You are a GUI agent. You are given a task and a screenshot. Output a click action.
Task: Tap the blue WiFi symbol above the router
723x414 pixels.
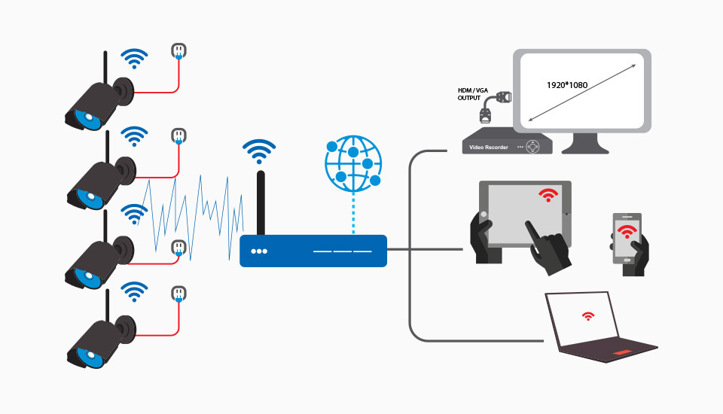258,151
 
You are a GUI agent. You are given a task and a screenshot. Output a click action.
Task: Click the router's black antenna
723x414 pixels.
261,203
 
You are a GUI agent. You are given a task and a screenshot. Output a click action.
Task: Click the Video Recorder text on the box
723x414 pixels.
489,147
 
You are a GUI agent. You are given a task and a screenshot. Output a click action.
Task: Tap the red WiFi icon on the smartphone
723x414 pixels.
625,230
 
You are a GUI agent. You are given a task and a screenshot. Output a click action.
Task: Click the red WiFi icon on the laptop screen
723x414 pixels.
587,317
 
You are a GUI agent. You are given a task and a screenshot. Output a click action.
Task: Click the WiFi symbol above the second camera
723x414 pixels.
135,136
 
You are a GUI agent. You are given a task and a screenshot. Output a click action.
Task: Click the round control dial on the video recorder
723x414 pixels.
534,145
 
